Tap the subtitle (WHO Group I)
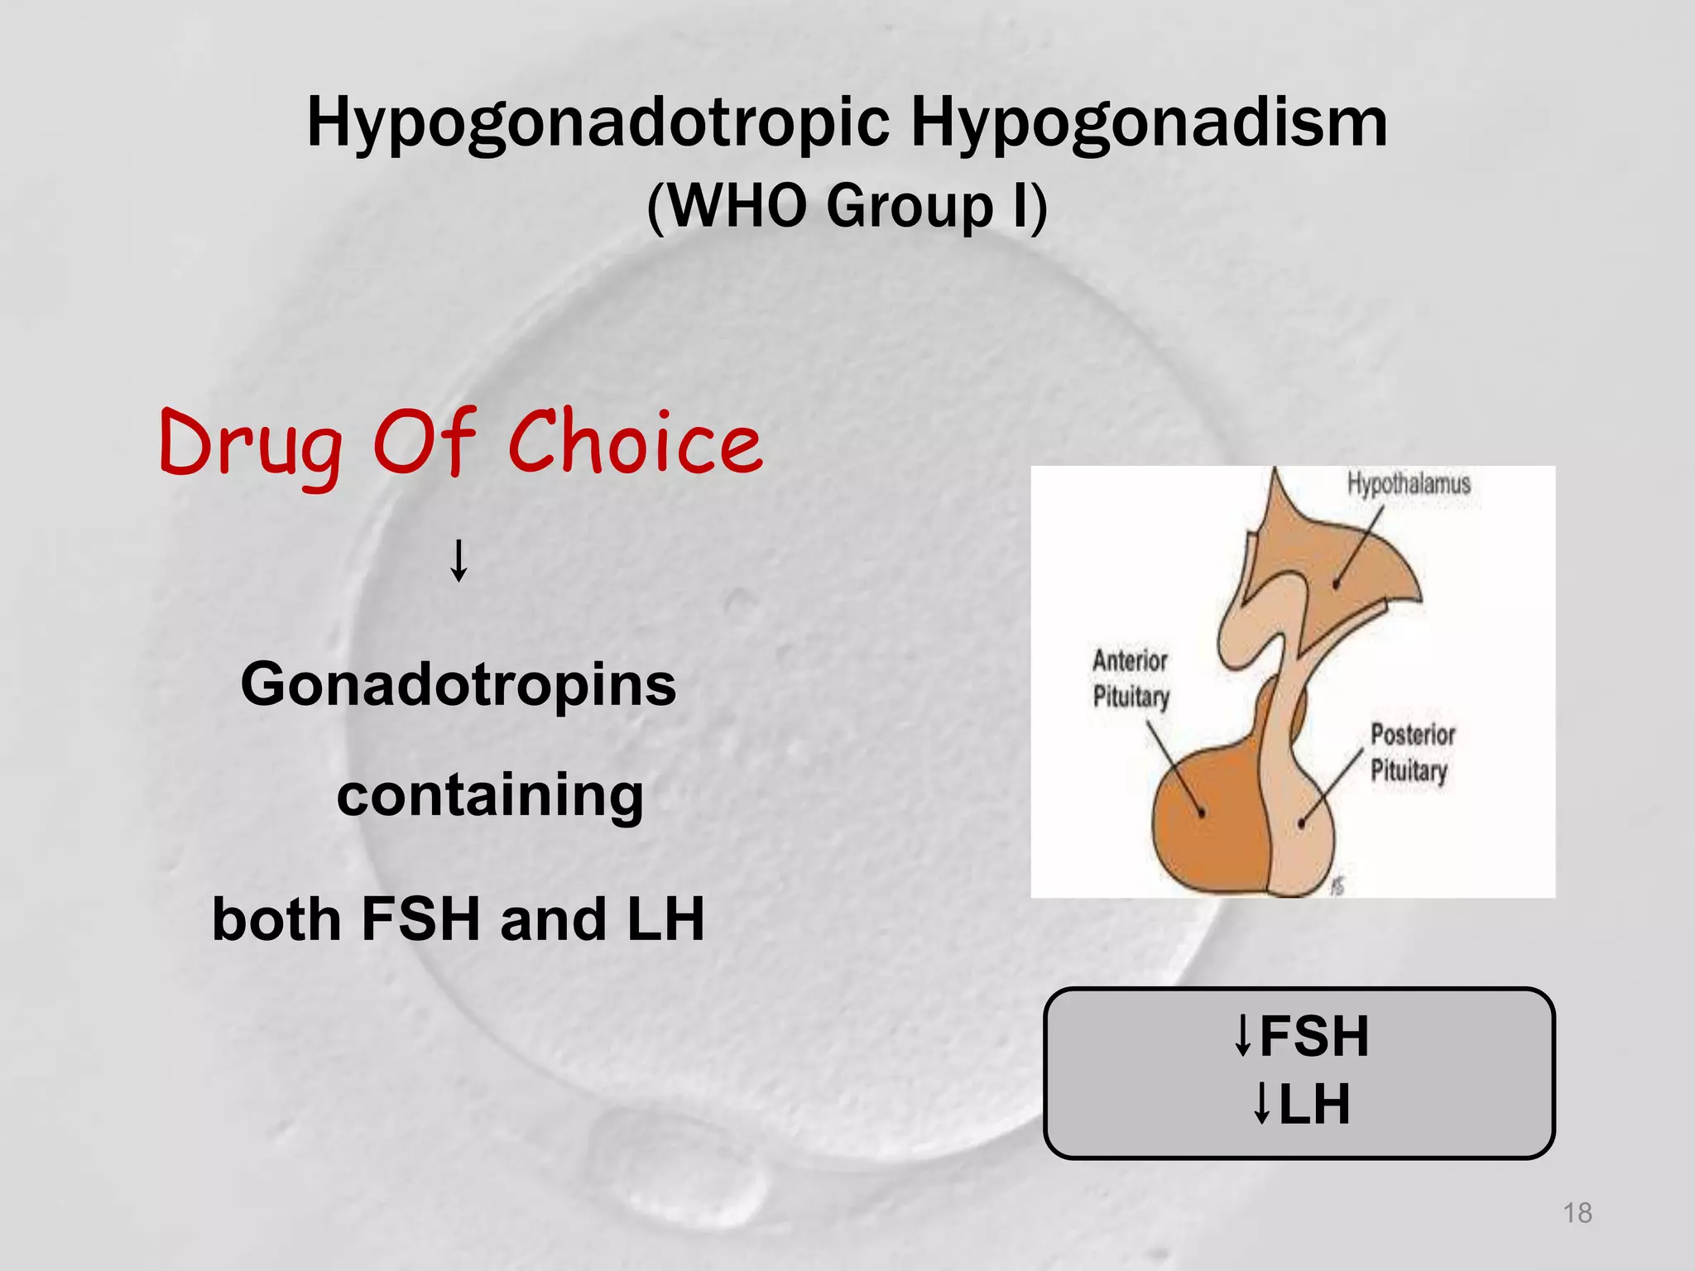(x=847, y=206)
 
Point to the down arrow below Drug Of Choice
(x=459, y=560)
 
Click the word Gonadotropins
(x=459, y=685)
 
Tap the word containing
(x=490, y=795)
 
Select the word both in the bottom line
(x=276, y=919)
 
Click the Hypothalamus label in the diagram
(x=1409, y=483)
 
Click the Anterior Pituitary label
(x=1131, y=679)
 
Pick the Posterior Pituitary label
(x=1412, y=752)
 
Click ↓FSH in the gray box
(x=1301, y=1036)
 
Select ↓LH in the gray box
(x=1301, y=1104)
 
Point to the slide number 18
(x=1577, y=1213)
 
